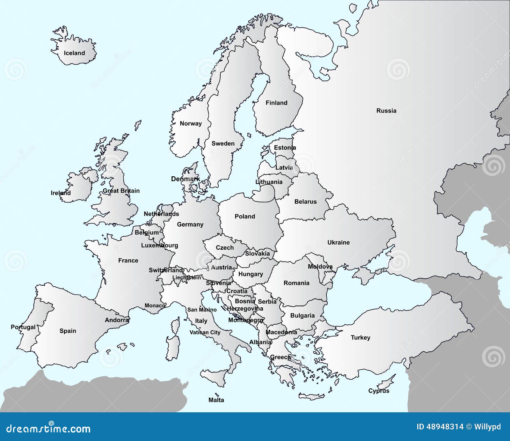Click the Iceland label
(x=74, y=53)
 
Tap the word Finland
(x=276, y=103)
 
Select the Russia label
(x=386, y=111)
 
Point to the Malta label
(x=216, y=400)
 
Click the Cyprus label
(x=379, y=391)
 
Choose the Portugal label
(x=23, y=327)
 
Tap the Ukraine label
(x=339, y=242)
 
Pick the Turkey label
(x=361, y=337)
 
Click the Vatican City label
(x=205, y=332)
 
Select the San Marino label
(x=202, y=309)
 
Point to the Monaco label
(x=155, y=305)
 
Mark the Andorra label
(x=117, y=320)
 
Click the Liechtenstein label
(x=187, y=277)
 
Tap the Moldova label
(x=320, y=266)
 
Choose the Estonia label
(x=285, y=148)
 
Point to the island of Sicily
(x=217, y=376)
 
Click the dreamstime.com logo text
(x=48, y=429)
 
